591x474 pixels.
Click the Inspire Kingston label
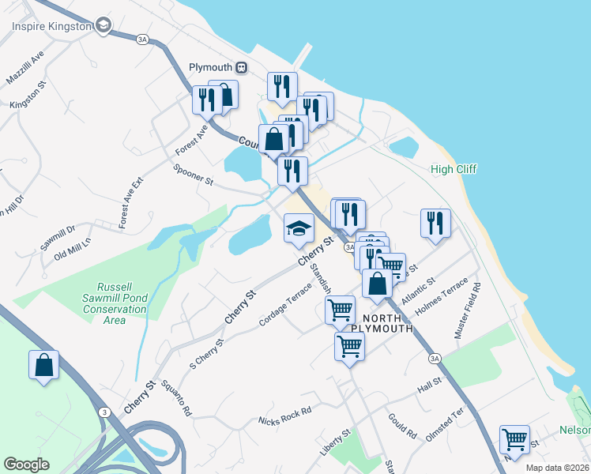[52, 26]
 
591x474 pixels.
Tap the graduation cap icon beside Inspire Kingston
[104, 26]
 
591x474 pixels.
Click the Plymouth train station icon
[242, 68]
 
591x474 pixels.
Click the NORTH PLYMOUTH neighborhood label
[382, 322]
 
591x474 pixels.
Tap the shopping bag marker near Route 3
[43, 366]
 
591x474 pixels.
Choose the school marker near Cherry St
[299, 229]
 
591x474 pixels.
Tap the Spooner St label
[194, 175]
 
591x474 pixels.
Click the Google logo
[27, 465]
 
